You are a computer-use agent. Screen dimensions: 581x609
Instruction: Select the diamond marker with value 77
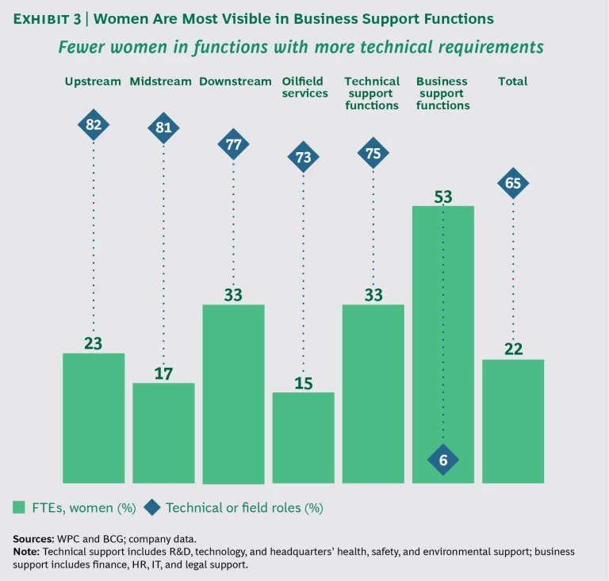(233, 144)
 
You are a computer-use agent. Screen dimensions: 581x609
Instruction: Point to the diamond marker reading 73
(303, 157)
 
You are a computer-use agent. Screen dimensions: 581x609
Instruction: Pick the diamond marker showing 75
(373, 154)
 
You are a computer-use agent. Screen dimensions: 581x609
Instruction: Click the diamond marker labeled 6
(443, 460)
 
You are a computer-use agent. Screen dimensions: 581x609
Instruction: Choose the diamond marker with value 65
(513, 184)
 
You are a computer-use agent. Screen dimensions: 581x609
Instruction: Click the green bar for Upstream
(94, 418)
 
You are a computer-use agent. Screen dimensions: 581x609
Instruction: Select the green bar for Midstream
(163, 433)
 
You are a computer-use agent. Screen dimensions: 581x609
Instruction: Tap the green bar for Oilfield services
(303, 438)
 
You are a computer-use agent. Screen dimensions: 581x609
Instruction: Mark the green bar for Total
(513, 421)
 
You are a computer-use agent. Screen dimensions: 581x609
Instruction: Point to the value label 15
(303, 383)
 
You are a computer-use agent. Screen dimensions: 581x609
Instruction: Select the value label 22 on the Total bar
(513, 350)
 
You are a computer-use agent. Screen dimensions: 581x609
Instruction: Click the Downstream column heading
(233, 81)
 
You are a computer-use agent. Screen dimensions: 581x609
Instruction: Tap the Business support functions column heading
(443, 93)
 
